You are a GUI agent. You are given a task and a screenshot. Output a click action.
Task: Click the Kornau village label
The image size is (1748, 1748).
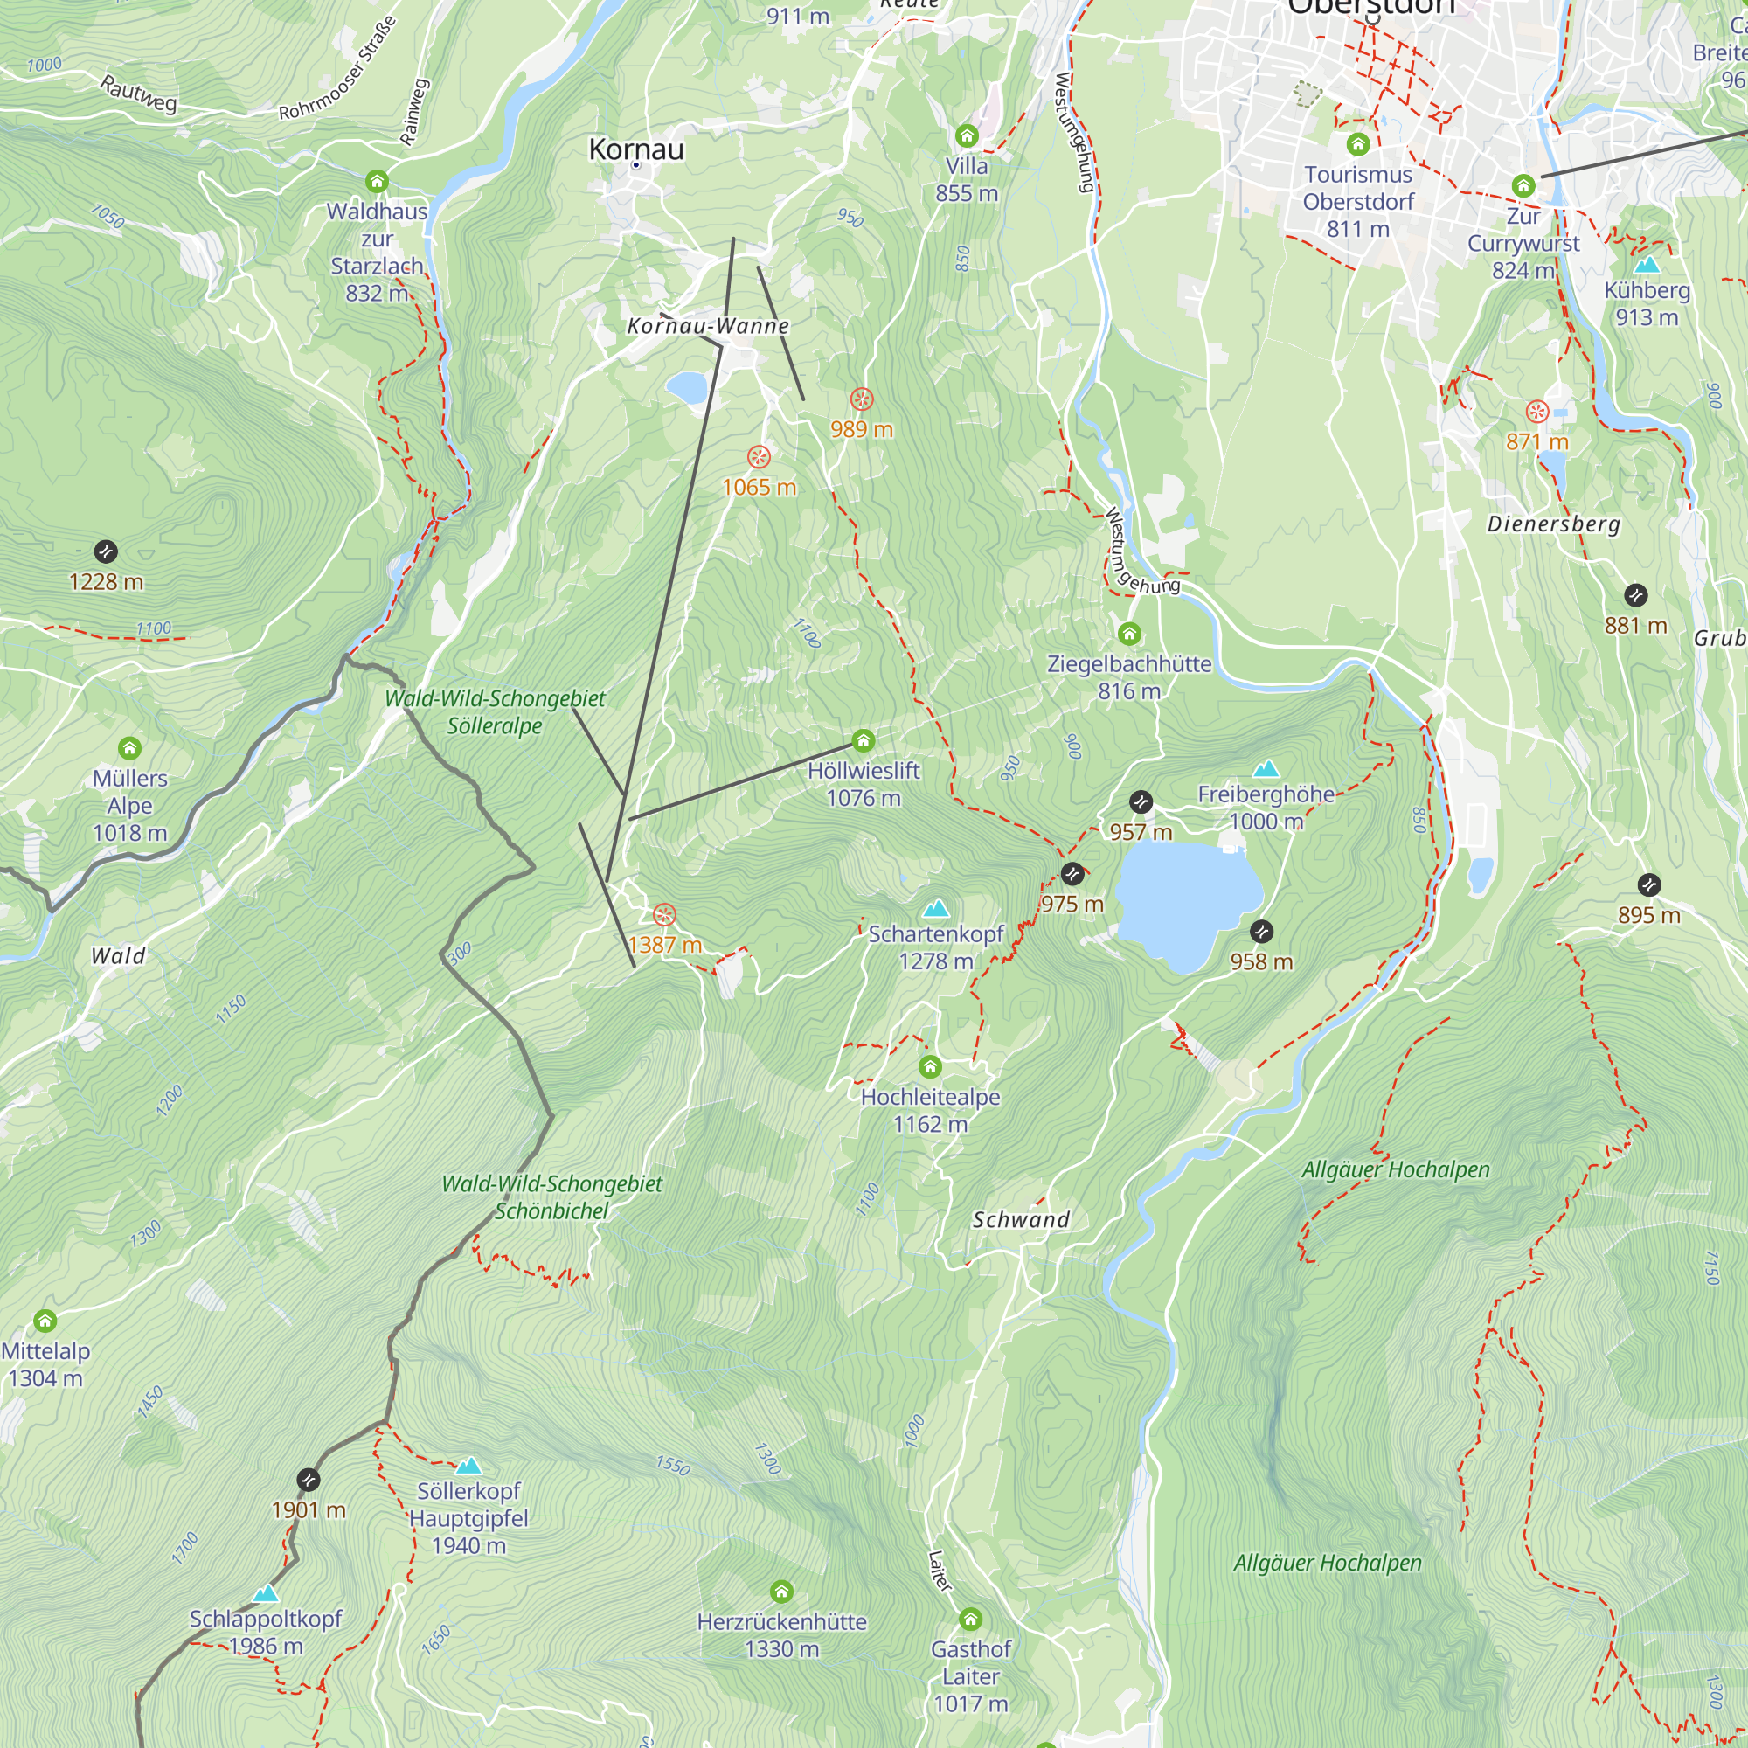(x=636, y=149)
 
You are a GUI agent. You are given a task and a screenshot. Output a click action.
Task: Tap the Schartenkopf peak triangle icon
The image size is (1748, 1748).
(x=935, y=907)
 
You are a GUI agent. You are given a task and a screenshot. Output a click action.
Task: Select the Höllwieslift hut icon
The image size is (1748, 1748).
(x=864, y=742)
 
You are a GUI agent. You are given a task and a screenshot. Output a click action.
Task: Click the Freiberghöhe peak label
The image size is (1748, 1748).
(x=1266, y=794)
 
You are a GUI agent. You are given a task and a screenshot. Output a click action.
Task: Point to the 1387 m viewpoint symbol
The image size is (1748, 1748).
(x=664, y=915)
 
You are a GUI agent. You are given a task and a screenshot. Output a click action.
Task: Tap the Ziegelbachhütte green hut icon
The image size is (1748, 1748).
(x=1129, y=634)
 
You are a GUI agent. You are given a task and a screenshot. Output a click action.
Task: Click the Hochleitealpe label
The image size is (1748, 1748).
(x=930, y=1098)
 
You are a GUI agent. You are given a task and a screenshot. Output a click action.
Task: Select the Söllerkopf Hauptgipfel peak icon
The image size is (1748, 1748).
(x=468, y=1466)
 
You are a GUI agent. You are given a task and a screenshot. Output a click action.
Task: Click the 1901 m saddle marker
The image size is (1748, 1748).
(x=309, y=1481)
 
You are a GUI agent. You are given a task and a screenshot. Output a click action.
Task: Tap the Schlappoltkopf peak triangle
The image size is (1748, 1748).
(x=265, y=1594)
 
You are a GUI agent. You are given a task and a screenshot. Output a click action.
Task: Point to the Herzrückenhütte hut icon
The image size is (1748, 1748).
(x=781, y=1592)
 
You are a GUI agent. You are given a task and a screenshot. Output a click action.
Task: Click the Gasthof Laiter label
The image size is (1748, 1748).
(x=971, y=1675)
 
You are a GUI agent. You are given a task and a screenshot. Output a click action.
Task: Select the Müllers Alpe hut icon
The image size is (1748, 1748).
(x=130, y=748)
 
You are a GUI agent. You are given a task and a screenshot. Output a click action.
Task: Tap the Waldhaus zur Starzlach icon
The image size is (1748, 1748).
(x=378, y=182)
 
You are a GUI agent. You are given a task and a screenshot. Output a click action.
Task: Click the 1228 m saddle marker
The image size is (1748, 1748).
(x=106, y=551)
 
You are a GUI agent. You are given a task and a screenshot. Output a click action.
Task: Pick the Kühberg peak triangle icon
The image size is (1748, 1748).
(x=1647, y=265)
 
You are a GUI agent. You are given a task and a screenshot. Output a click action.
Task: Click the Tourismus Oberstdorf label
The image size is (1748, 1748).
(x=1357, y=188)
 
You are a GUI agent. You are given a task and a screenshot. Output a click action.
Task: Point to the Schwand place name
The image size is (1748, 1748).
(x=1021, y=1219)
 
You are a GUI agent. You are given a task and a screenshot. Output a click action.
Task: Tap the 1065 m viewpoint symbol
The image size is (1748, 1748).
(x=758, y=457)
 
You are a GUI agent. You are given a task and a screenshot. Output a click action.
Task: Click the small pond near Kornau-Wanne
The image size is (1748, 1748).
(x=687, y=388)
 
